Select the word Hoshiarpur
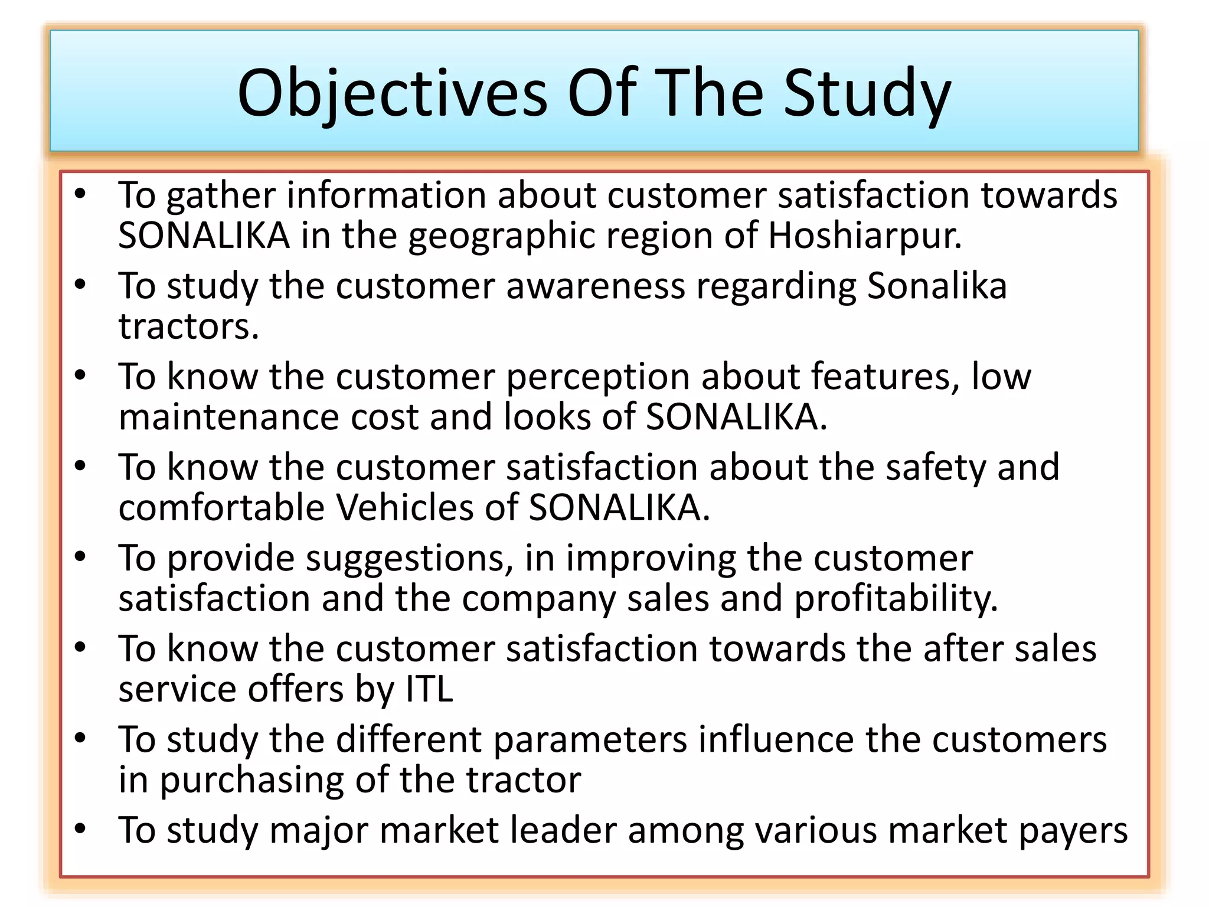pyautogui.click(x=865, y=236)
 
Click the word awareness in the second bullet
pyautogui.click(x=595, y=286)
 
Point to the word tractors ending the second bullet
pyautogui.click(x=188, y=327)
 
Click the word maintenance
pyautogui.click(x=228, y=417)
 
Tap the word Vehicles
pyautogui.click(x=405, y=508)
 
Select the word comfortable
pyautogui.click(x=221, y=508)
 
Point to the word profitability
pyautogui.click(x=896, y=599)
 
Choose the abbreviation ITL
pyautogui.click(x=429, y=689)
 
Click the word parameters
pyautogui.click(x=590, y=740)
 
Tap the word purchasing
pyautogui.click(x=251, y=780)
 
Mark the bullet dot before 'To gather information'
pyautogui.click(x=80, y=194)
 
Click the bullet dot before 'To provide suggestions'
pyautogui.click(x=80, y=557)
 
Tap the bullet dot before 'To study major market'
pyautogui.click(x=80, y=829)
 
